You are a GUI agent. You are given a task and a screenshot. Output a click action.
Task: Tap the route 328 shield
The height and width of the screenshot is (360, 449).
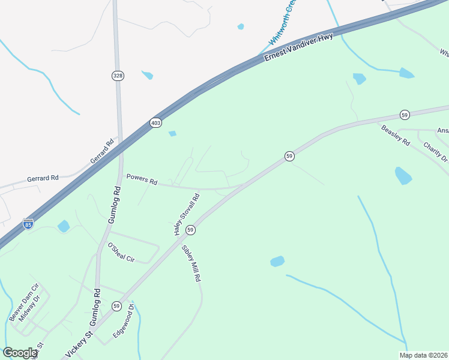click(x=118, y=76)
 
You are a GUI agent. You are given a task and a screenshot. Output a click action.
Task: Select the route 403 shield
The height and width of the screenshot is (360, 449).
click(x=156, y=122)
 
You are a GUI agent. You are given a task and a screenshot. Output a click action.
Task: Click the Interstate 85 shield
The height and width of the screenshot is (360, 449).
click(x=28, y=224)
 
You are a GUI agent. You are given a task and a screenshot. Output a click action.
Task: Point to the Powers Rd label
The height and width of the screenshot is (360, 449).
click(x=141, y=179)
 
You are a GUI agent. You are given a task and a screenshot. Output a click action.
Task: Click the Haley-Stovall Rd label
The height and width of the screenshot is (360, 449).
click(x=186, y=214)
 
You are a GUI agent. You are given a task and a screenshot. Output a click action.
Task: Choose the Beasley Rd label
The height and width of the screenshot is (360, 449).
click(x=396, y=135)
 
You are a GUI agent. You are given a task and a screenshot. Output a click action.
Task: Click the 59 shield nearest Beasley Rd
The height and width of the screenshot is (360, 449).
click(x=405, y=115)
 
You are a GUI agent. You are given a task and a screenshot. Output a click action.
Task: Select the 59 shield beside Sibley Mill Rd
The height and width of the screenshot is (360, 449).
click(x=190, y=230)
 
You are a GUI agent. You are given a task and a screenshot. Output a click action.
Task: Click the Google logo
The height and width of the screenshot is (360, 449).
click(x=20, y=353)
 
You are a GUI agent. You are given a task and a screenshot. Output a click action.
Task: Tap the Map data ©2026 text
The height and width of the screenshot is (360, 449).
click(x=423, y=355)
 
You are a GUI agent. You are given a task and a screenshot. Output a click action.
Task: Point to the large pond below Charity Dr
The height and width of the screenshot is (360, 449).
click(x=403, y=176)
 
